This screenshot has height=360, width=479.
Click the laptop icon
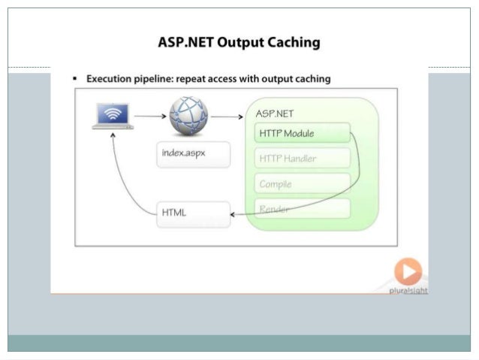coord(113,116)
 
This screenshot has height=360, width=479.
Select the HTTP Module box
coord(303,134)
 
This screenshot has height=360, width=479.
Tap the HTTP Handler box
coord(303,159)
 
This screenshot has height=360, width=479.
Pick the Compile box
coord(303,183)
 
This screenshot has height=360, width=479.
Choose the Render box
coord(303,209)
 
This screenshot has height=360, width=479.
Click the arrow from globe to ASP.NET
coord(227,116)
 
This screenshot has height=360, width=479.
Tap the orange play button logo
coord(408,272)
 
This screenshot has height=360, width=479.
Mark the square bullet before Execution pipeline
coord(76,79)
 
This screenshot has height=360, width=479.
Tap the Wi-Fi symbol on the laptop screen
coord(113,114)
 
